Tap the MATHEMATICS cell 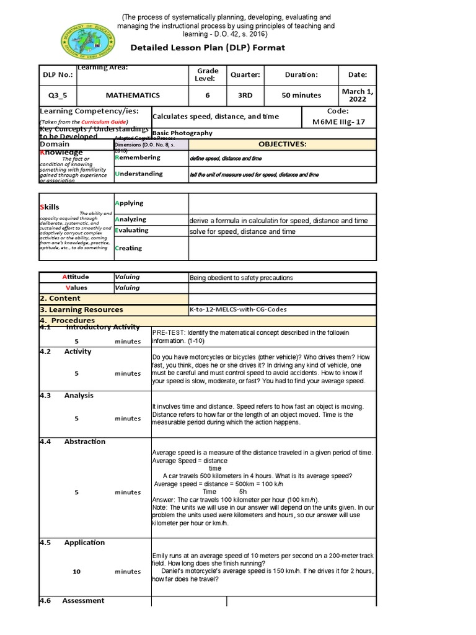click(x=133, y=95)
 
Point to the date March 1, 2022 click(x=358, y=95)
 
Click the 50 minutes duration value click(x=301, y=95)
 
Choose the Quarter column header click(x=245, y=75)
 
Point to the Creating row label click(x=128, y=248)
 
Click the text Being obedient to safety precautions click(x=241, y=278)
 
